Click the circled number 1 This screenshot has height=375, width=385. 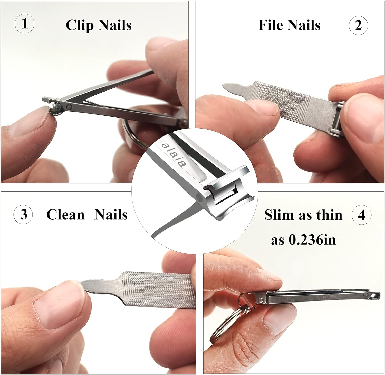(25, 23)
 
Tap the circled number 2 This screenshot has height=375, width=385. (358, 25)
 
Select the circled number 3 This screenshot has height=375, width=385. (23, 214)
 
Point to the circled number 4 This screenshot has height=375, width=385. (361, 215)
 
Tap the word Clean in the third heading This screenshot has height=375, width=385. (65, 215)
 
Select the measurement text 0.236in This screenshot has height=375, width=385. (312, 240)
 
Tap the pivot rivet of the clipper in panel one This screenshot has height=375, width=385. (69, 106)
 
